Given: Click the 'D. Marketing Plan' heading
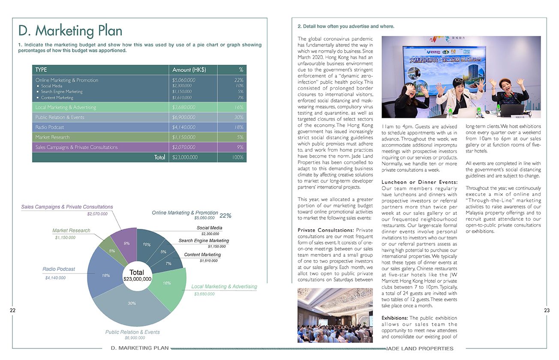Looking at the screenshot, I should (70, 31).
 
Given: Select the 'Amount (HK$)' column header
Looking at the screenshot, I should (189, 70).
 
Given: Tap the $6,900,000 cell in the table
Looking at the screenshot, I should (184, 117).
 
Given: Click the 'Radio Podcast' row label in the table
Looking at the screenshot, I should (50, 127).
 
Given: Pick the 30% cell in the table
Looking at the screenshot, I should (239, 117).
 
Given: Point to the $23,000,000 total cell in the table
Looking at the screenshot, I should (185, 157).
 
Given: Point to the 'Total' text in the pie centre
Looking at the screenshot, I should (137, 273).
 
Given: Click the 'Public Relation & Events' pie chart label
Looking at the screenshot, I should (132, 332).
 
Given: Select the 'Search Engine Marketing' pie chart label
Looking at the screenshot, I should (204, 241).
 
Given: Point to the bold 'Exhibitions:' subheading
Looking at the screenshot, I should (395, 318).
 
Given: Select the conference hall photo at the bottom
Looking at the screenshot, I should (335, 315).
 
